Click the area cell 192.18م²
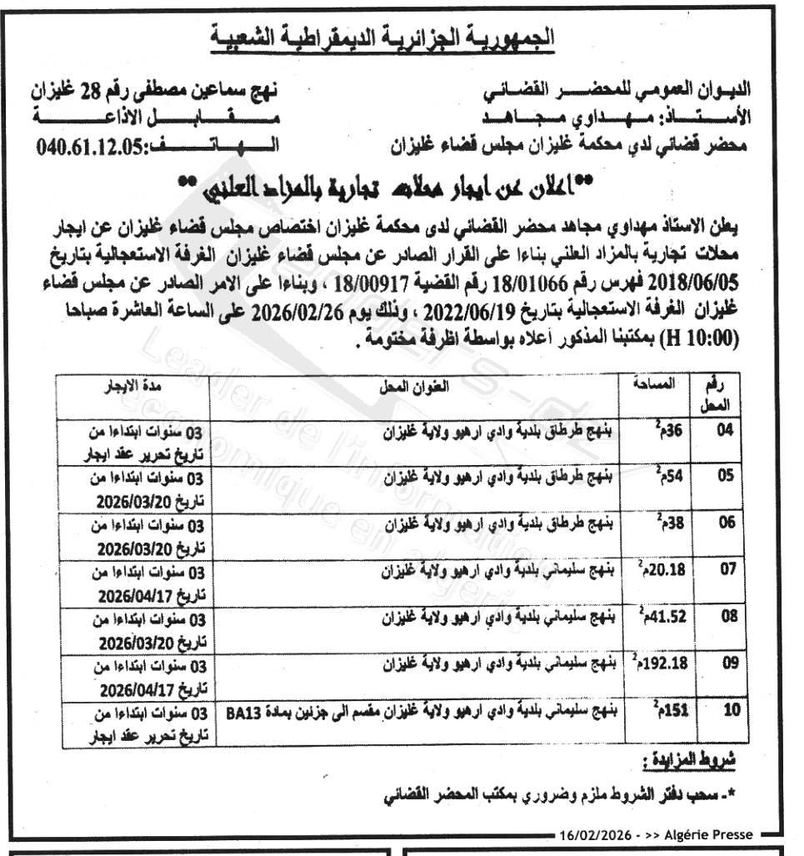click(656, 666)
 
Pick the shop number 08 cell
click(726, 618)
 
